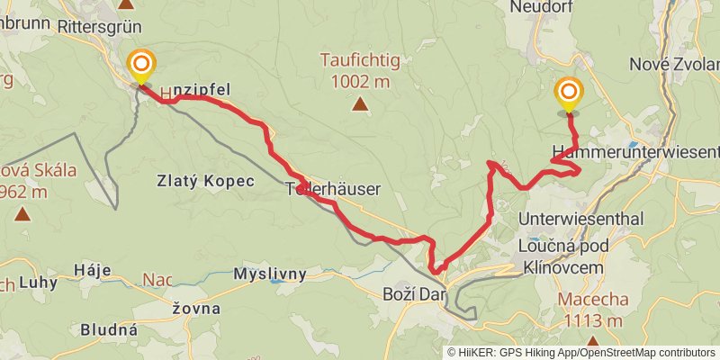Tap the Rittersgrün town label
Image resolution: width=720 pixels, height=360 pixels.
(x=100, y=27)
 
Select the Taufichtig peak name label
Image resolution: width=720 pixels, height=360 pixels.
(x=359, y=61)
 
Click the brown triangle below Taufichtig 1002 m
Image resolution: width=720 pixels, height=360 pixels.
(x=360, y=104)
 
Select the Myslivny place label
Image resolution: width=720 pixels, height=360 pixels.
(x=270, y=274)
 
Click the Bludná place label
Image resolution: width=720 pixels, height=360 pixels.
(x=109, y=329)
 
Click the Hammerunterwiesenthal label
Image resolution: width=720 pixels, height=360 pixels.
(x=637, y=150)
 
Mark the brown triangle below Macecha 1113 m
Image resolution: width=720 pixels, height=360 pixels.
(x=592, y=340)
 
